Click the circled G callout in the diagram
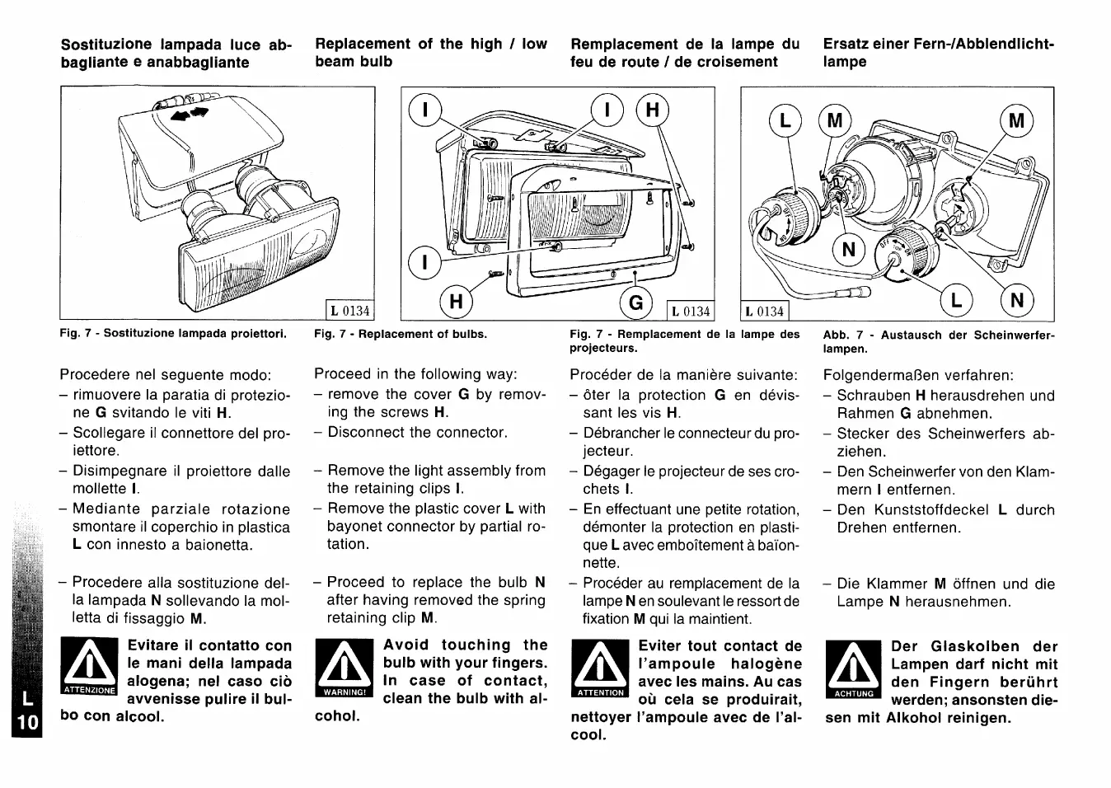point(636,303)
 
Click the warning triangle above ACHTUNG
point(854,664)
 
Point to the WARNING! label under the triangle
point(345,692)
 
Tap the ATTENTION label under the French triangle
point(601,692)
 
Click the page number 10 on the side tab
point(27,723)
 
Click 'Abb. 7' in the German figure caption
point(843,335)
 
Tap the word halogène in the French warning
point(766,664)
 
